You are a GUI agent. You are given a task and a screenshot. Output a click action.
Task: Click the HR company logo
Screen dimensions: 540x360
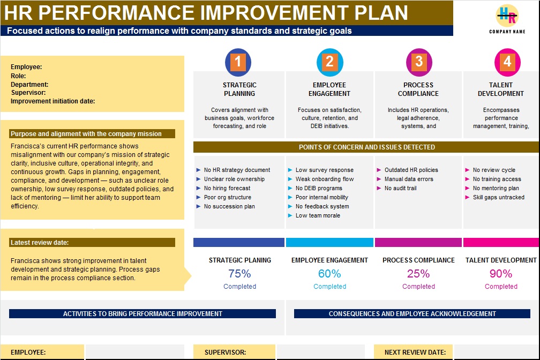[507, 16]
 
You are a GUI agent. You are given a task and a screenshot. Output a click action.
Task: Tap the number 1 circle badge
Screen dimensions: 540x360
[238, 62]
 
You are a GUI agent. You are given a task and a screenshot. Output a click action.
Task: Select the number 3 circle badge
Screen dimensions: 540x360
[419, 62]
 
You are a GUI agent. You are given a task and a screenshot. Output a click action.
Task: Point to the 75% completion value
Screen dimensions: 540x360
[239, 274]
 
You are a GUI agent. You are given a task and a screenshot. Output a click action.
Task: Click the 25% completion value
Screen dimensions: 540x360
[418, 274]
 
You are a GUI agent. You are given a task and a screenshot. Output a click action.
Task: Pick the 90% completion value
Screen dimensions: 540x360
[501, 274]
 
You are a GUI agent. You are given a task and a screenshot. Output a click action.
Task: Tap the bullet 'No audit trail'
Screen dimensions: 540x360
[397, 188]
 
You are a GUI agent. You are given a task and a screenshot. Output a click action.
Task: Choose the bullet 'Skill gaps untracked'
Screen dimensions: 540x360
[494, 197]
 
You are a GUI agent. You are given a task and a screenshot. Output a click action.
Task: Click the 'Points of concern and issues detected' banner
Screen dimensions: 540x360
[366, 147]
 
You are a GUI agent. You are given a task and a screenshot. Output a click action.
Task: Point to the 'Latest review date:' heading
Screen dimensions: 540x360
[40, 243]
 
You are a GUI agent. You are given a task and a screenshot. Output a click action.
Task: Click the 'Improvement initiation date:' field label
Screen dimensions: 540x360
[52, 101]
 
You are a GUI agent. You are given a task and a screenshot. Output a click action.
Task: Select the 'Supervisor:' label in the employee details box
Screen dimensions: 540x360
[28, 93]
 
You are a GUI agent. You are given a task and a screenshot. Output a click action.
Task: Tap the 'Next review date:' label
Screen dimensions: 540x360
[415, 352]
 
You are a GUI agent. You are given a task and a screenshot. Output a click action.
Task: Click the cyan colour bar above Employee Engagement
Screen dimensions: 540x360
[329, 243]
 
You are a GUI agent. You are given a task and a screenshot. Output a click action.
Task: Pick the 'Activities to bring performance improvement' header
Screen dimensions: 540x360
[142, 314]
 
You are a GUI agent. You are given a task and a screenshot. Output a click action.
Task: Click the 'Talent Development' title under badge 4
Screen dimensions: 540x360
[501, 89]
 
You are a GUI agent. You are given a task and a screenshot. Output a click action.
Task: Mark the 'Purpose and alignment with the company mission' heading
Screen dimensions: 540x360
[86, 134]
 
